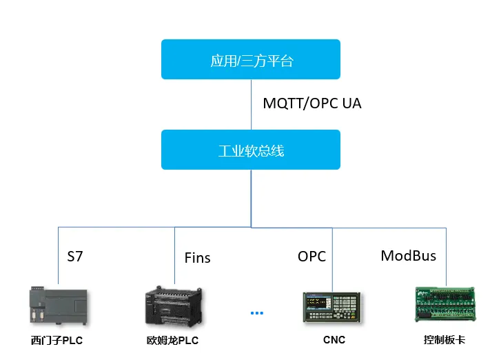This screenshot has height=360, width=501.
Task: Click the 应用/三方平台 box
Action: pos(251,59)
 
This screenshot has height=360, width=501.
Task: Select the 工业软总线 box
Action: pos(251,150)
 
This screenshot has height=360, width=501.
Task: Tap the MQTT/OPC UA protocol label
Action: pos(312,103)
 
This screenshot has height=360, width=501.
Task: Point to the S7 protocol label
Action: pos(74,257)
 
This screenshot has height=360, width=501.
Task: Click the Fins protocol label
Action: pos(197,258)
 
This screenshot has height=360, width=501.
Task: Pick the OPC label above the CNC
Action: pos(311,256)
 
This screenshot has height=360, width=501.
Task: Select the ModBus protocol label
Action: pos(409,255)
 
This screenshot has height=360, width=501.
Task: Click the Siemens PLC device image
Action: pos(58,306)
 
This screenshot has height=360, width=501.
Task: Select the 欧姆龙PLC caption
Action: pos(172,340)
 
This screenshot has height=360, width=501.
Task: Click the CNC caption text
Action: pos(334,339)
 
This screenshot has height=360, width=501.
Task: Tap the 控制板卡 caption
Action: pos(444,340)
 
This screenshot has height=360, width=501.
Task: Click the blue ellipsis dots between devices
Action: pos(257,312)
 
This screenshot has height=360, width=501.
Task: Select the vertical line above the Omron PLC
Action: pos(174,255)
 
